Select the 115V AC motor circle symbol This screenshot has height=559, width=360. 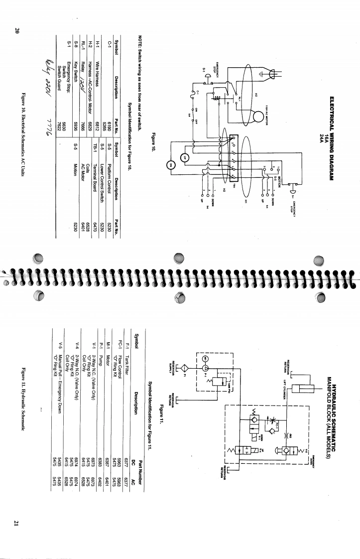tap(259, 115)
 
